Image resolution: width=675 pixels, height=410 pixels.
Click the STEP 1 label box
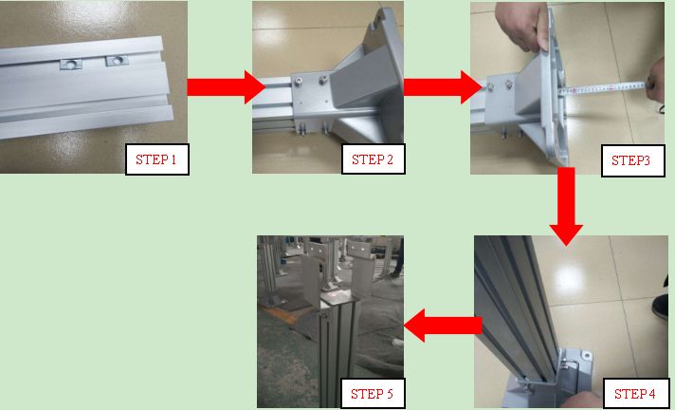[157, 159]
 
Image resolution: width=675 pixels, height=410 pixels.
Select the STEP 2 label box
[373, 159]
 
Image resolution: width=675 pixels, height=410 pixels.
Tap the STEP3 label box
[632, 160]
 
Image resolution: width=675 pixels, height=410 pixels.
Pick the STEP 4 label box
[636, 394]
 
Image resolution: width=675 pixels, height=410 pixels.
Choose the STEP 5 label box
[373, 394]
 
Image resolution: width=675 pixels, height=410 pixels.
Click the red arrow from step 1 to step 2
[226, 87]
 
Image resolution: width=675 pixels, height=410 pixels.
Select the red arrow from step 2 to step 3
[443, 87]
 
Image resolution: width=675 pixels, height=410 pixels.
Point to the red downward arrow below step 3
[566, 206]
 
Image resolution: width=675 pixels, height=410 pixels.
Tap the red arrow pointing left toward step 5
[443, 326]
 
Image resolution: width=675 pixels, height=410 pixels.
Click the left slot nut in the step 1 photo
[71, 65]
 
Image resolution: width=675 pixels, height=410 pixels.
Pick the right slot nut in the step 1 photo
[117, 61]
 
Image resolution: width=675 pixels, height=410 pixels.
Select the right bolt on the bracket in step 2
[323, 80]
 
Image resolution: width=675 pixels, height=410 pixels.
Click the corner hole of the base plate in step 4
[586, 355]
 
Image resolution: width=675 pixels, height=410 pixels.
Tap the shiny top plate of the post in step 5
[339, 296]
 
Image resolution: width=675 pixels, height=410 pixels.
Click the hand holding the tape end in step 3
[656, 80]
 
